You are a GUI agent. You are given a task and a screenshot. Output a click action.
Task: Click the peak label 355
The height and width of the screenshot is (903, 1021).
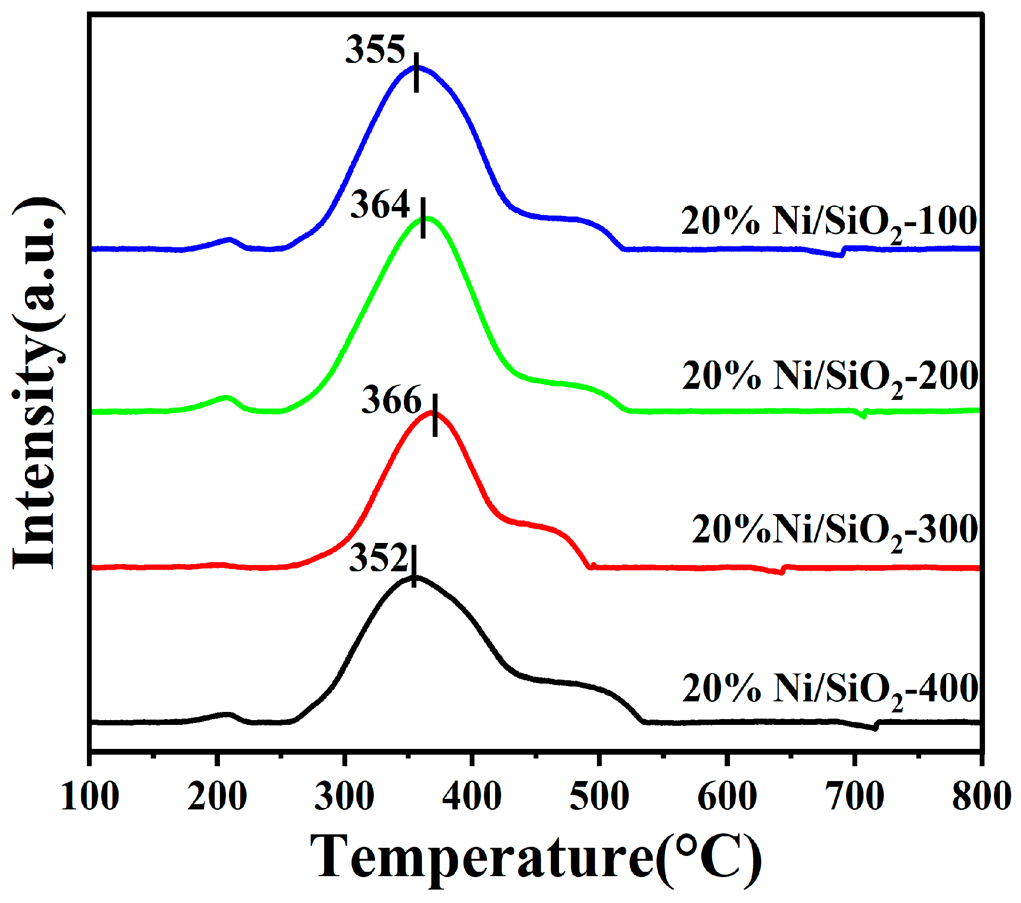tap(375, 50)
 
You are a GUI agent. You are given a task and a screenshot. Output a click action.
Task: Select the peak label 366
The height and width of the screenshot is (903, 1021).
tap(391, 400)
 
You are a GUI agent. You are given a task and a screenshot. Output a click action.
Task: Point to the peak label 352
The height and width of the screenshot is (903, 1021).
tap(378, 558)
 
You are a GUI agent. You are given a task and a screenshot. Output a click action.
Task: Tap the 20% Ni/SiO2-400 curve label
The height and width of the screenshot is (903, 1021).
tap(830, 689)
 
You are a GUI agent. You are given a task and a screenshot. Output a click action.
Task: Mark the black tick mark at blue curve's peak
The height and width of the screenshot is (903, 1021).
tap(416, 72)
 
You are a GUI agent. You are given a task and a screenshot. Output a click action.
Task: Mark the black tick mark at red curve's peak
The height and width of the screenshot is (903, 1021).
tap(435, 415)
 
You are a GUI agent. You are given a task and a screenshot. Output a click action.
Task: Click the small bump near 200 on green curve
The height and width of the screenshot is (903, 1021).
tap(226, 398)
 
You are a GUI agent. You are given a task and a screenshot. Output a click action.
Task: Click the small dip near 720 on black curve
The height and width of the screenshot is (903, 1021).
tap(874, 728)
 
